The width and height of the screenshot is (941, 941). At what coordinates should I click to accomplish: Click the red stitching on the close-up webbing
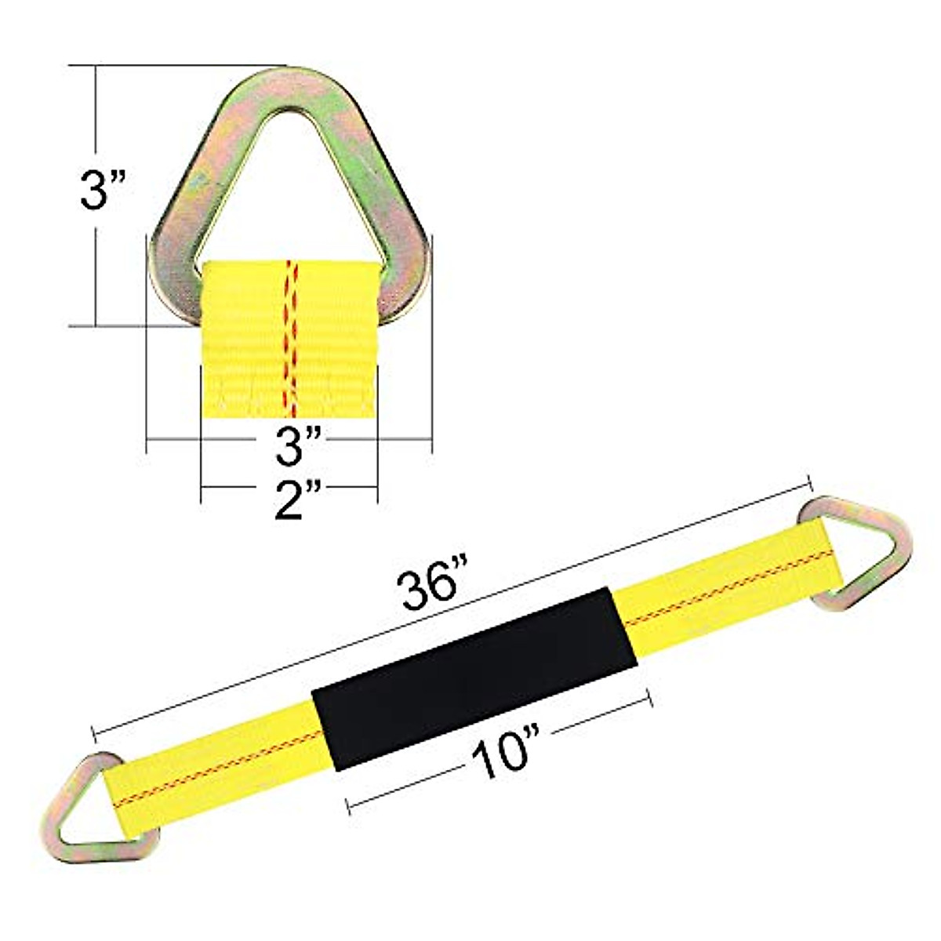[291, 337]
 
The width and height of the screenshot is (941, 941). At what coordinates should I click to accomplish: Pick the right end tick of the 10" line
[649, 698]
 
